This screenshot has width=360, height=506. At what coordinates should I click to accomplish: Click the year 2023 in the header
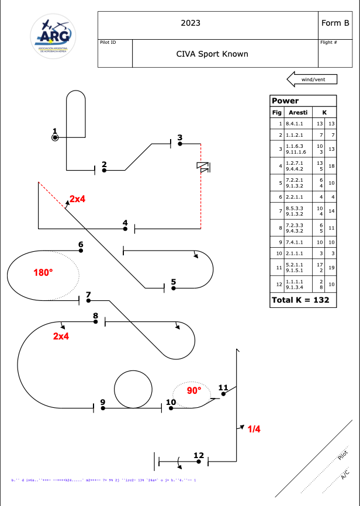(x=191, y=23)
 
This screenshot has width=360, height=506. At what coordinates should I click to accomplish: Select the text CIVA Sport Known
(x=212, y=54)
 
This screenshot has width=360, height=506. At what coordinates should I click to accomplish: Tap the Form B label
(x=335, y=23)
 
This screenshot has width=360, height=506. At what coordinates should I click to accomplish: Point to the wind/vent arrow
(x=309, y=79)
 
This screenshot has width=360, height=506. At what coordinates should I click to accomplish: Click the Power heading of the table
(x=285, y=100)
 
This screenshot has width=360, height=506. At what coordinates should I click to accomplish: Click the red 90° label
(x=194, y=390)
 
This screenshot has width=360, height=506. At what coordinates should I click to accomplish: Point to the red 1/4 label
(x=254, y=429)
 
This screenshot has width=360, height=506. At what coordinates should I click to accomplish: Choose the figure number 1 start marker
(x=55, y=137)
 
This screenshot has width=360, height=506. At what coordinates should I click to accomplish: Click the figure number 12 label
(x=199, y=455)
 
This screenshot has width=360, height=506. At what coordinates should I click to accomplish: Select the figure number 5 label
(x=174, y=281)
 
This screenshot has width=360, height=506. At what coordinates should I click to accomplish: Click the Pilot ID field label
(x=109, y=42)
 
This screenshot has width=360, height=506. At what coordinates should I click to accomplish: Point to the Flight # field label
(x=328, y=42)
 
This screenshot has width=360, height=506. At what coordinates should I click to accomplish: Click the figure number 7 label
(x=88, y=294)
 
